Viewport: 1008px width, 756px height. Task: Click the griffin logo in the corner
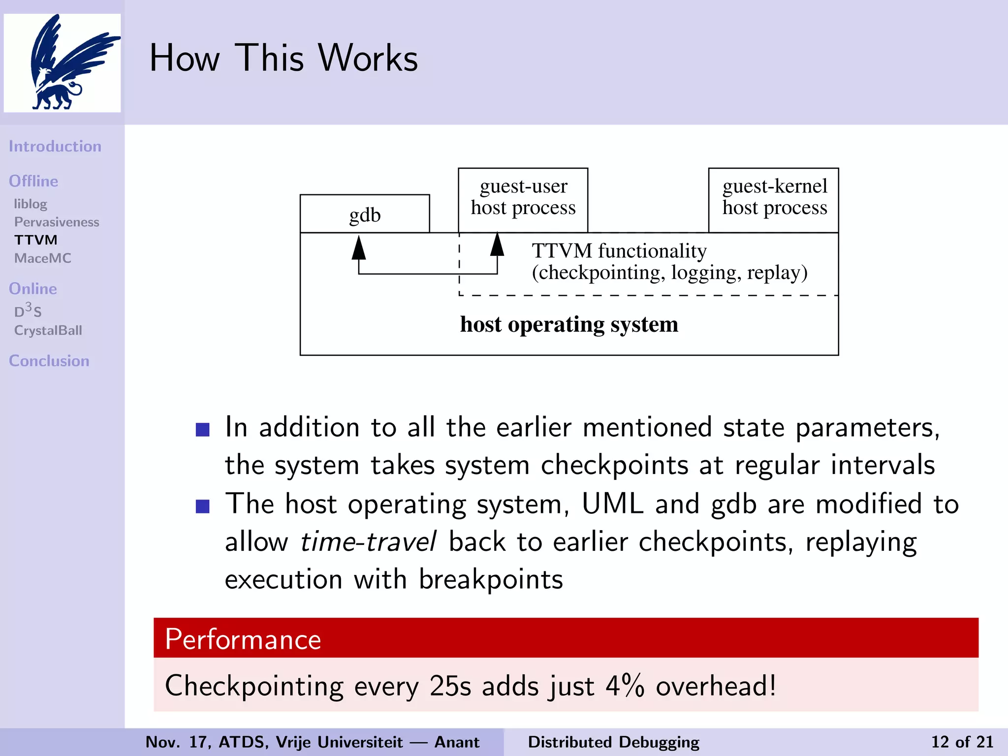(62, 63)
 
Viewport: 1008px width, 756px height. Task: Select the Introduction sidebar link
(55, 146)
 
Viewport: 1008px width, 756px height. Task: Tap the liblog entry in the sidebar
(31, 204)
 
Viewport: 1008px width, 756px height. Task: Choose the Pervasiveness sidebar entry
(57, 222)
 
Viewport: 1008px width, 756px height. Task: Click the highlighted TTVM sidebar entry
(36, 240)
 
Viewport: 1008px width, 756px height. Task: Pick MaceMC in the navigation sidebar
(43, 258)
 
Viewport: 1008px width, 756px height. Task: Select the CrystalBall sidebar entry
(48, 330)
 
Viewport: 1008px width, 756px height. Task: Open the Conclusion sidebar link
(49, 361)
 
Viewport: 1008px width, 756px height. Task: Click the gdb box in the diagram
(365, 215)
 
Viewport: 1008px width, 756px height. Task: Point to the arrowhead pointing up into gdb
(359, 247)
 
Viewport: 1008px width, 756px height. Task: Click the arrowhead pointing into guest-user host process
(497, 244)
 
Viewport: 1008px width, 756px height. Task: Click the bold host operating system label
(569, 324)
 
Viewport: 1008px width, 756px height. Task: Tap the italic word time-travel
(368, 542)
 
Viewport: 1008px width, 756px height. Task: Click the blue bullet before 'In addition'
(203, 430)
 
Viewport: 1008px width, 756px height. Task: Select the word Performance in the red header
(243, 639)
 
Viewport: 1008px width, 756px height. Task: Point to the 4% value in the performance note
(625, 686)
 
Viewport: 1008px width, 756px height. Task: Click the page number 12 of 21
(962, 742)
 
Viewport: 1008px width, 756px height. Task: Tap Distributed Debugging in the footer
(613, 742)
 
